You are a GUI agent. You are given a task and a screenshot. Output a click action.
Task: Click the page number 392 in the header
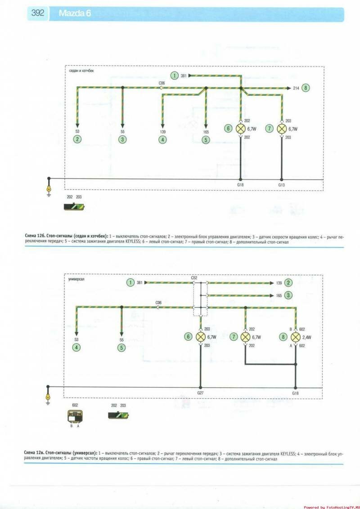38,13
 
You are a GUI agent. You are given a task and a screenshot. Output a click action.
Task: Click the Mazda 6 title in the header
75,14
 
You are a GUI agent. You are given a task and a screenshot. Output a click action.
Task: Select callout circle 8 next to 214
306,88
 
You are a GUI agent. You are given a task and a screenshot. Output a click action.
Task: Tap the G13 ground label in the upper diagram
282,184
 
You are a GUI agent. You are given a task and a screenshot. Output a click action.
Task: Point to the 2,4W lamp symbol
296,337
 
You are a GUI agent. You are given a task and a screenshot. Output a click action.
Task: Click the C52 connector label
194,278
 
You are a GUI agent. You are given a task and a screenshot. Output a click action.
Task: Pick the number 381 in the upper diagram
184,76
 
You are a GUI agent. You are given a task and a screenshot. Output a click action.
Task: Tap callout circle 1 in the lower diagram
130,283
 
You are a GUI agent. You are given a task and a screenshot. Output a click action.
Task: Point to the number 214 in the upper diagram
296,88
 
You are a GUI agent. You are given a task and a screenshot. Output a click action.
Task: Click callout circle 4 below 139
162,139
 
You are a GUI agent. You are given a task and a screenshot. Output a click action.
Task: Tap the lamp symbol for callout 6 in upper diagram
241,129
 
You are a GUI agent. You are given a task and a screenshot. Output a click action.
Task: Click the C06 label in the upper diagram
162,83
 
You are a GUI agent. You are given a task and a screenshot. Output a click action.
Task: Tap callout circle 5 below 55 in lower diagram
121,347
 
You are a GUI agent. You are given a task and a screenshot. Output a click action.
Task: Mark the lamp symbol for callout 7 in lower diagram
245,337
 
